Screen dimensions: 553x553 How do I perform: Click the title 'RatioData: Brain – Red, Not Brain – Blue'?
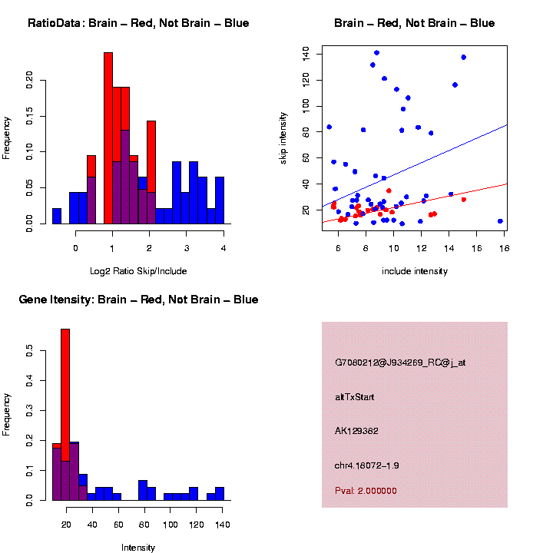[138, 23]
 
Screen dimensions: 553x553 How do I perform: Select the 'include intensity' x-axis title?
[414, 270]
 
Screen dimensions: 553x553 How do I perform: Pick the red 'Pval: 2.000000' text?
[366, 491]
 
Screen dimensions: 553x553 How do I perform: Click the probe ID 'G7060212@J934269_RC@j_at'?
[399, 363]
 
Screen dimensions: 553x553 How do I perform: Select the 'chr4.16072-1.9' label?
[366, 465]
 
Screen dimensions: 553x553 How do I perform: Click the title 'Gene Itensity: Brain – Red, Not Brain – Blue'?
[138, 300]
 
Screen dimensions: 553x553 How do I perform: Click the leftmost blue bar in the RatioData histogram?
[57, 216]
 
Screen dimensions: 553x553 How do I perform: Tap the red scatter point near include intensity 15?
[463, 200]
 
